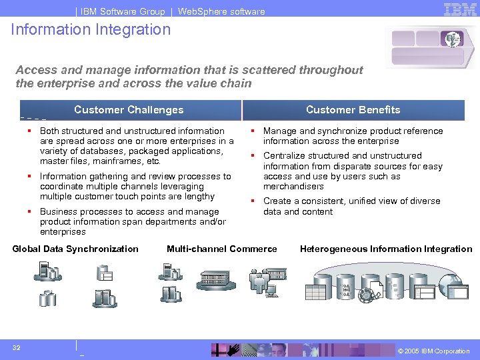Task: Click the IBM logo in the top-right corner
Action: pos(460,9)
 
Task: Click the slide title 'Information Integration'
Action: pos(91,29)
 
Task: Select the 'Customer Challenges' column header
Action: pos(129,110)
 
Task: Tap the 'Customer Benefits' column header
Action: pos(353,110)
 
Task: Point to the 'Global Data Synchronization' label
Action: pos(75,249)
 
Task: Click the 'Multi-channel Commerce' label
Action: pos(221,249)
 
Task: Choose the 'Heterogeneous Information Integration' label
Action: pos(385,249)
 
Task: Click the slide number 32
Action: pos(16,347)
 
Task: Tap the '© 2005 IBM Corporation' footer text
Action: pos(433,351)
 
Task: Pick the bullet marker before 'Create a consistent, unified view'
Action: pos(254,201)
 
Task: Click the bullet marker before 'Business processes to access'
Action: pos(31,212)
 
